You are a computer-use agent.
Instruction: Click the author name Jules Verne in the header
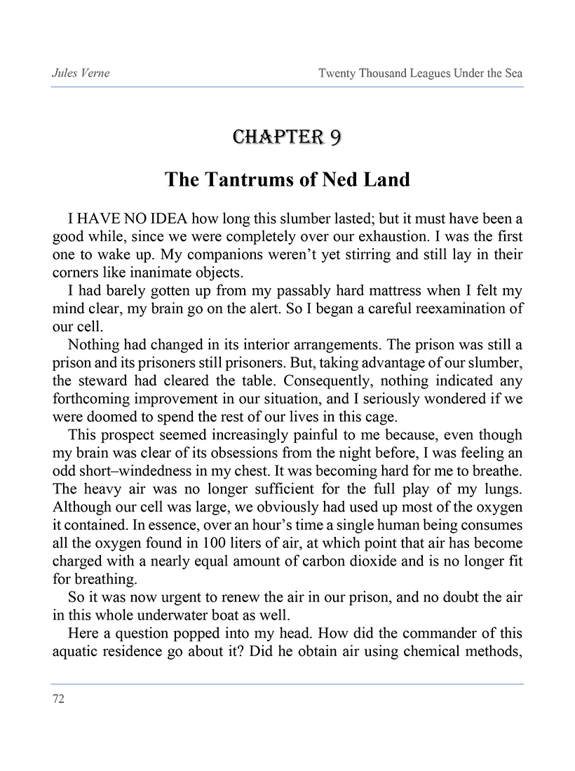point(81,73)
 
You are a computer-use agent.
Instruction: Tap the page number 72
point(58,699)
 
